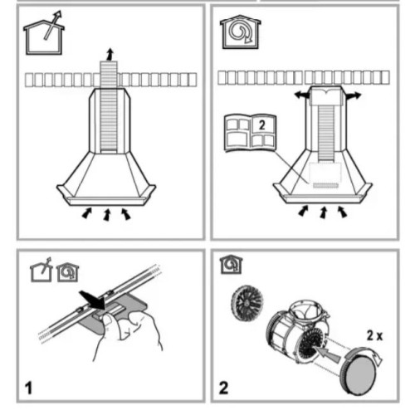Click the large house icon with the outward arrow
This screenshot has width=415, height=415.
pos(44,36)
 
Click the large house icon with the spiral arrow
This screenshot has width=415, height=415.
pos(241,32)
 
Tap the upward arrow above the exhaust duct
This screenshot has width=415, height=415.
pos(110,54)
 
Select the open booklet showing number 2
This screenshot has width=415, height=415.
pos(251,133)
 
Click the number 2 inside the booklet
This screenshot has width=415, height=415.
pos(261,125)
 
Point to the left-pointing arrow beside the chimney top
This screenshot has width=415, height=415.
pos(302,95)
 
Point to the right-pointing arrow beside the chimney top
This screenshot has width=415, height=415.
pos(353,95)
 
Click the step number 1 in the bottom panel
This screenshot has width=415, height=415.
pos(29,388)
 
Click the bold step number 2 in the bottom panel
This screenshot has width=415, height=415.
pos(223,388)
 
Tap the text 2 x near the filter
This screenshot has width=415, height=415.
pos(374,335)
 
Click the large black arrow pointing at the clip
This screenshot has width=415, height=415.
pos(93,300)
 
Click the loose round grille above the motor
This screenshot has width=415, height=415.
pos(247,303)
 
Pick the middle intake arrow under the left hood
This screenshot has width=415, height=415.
pos(107,215)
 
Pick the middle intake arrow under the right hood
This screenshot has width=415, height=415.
pos(323,212)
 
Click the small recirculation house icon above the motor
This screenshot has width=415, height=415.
pos(232,265)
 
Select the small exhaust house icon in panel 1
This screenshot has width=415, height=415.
pos(41,270)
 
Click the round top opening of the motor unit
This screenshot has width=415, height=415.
pos(305,312)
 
